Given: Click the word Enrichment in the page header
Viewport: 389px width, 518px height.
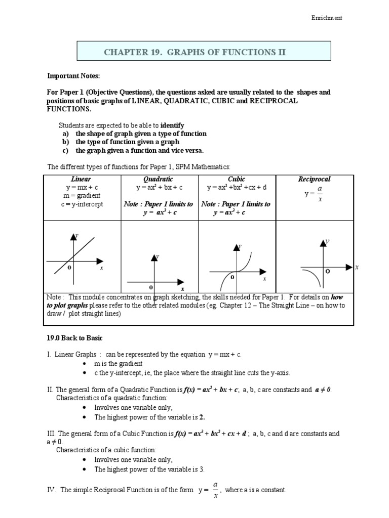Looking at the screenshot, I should pos(326,18).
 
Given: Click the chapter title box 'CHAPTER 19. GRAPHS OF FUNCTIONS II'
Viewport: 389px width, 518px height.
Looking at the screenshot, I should pos(204,52).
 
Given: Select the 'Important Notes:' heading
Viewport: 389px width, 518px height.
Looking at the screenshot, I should pos(73,76).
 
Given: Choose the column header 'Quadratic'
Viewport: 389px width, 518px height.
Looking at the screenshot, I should pos(159,180).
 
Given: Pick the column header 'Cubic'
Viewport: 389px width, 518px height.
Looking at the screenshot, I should pos(237,180).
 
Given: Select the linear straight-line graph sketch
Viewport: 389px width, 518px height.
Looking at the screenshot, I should pos(75,257).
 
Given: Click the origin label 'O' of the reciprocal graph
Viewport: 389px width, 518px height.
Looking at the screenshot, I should pos(328,272).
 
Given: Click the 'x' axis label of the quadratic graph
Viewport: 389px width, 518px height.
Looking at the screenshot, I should pos(182,288).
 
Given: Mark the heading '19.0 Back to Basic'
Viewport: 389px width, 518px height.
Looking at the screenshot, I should pos(75,338).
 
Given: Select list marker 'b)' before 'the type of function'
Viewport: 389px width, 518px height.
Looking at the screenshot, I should pos(66,142).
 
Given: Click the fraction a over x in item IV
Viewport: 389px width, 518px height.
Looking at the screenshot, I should pos(215,490).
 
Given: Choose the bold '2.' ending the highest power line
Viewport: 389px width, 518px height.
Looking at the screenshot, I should pos(202,417).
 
